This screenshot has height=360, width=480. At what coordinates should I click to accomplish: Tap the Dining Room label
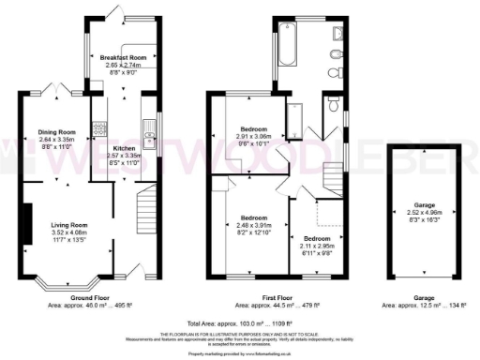55,132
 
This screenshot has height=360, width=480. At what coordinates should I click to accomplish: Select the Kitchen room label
126,148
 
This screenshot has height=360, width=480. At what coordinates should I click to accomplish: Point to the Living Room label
69,225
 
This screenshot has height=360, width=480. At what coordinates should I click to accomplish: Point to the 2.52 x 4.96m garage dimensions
419,218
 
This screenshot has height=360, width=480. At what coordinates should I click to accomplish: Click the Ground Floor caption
98,299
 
